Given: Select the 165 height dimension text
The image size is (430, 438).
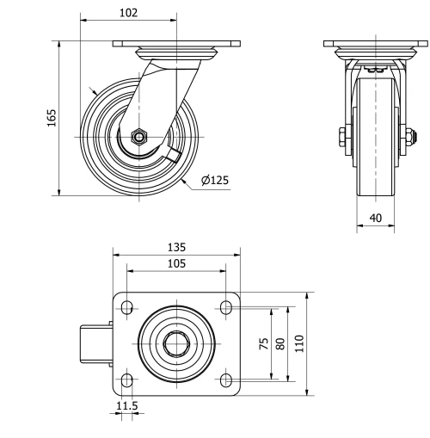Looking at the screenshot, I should [51, 117].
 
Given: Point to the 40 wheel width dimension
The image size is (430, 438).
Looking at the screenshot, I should [376, 218].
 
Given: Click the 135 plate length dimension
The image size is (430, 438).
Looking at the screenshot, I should [176, 247].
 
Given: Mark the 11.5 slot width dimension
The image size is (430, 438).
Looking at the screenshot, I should [126, 405].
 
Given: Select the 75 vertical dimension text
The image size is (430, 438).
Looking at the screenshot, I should [263, 343].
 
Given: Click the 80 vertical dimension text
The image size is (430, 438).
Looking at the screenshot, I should [280, 343].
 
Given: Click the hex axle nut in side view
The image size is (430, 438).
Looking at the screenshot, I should [138, 136].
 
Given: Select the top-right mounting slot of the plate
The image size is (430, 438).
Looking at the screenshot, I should [226, 306].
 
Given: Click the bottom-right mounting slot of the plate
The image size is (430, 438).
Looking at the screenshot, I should [226, 379].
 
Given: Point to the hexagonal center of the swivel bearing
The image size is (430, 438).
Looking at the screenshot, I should [176, 343].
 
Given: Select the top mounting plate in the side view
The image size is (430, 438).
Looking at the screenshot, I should [375, 43].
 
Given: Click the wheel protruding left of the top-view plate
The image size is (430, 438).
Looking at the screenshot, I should [96, 343].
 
